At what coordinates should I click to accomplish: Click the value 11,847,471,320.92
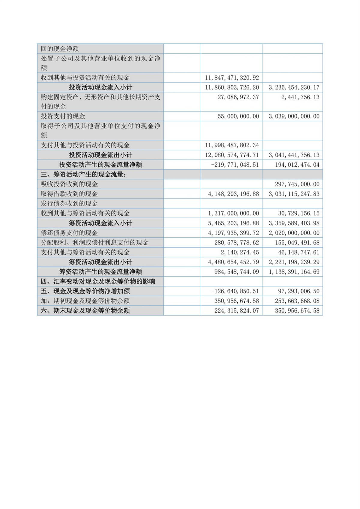(x=232, y=78)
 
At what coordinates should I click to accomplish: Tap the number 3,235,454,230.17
(x=294, y=88)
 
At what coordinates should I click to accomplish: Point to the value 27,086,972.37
(x=238, y=97)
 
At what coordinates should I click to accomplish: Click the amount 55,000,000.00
(x=238, y=116)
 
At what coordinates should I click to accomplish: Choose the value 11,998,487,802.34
(x=232, y=145)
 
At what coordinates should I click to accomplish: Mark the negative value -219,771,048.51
(x=235, y=165)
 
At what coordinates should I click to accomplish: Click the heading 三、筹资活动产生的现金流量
(x=83, y=174)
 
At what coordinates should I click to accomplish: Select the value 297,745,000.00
(x=297, y=184)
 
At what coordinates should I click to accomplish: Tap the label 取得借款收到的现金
(x=69, y=194)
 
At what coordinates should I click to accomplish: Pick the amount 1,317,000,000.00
(x=233, y=213)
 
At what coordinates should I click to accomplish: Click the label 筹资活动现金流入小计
(x=100, y=223)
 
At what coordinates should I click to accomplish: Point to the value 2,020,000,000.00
(x=294, y=233)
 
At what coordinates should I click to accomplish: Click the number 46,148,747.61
(x=298, y=252)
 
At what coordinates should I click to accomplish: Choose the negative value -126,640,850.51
(x=235, y=291)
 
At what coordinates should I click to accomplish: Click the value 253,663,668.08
(x=297, y=301)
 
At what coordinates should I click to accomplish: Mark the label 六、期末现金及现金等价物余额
(x=85, y=310)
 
